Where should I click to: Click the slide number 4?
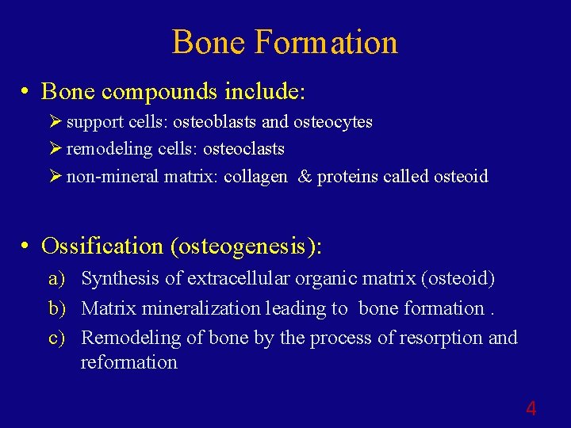pyautogui.click(x=531, y=409)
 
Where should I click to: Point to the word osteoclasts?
pyautogui.click(x=243, y=149)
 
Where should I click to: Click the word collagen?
pyautogui.click(x=255, y=176)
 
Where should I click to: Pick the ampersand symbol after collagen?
pyautogui.click(x=305, y=176)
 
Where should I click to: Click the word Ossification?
pyautogui.click(x=102, y=246)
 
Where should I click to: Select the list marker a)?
pyautogui.click(x=56, y=279)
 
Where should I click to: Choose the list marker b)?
pyautogui.click(x=57, y=308)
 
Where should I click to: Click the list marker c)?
pyautogui.click(x=56, y=338)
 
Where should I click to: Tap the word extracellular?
pyautogui.click(x=230, y=279)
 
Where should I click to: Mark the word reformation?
pyautogui.click(x=128, y=362)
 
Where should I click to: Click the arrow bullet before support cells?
pyautogui.click(x=54, y=122)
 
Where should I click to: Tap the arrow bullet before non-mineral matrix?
pyautogui.click(x=54, y=176)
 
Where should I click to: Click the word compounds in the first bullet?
pyautogui.click(x=159, y=92)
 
